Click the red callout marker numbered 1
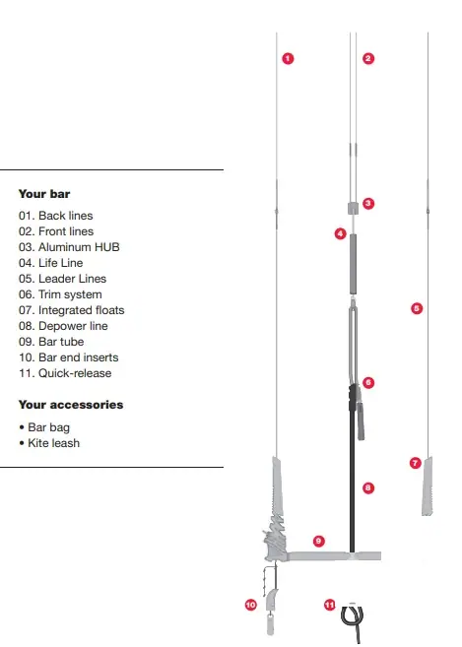pyautogui.click(x=287, y=58)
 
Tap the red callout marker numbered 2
pyautogui.click(x=368, y=58)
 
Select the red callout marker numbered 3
pyautogui.click(x=367, y=204)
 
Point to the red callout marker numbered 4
pyautogui.click(x=340, y=233)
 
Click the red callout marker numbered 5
pyautogui.click(x=416, y=308)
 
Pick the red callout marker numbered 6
pyautogui.click(x=367, y=382)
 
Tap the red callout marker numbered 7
pyautogui.click(x=415, y=462)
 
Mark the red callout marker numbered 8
pyautogui.click(x=367, y=486)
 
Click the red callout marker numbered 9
pyautogui.click(x=318, y=541)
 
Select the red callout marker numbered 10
pyautogui.click(x=250, y=604)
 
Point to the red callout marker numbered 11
pyautogui.click(x=330, y=604)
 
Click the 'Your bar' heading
pyautogui.click(x=44, y=194)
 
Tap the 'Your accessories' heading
pyautogui.click(x=71, y=405)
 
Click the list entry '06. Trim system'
pyautogui.click(x=60, y=294)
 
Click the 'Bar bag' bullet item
pyautogui.click(x=48, y=428)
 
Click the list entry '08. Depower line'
pyautogui.click(x=63, y=326)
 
